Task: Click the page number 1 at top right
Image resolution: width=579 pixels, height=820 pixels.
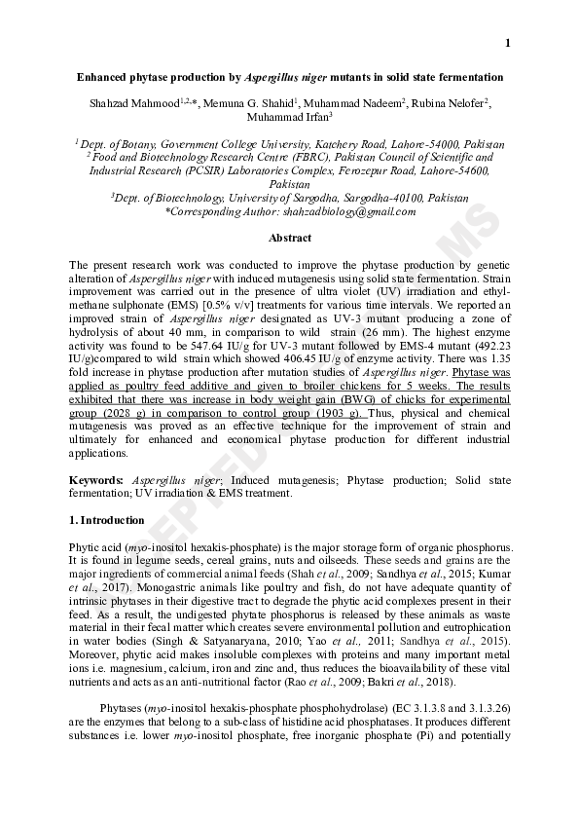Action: coord(507,42)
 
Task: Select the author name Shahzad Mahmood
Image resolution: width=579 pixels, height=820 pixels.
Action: coord(143,103)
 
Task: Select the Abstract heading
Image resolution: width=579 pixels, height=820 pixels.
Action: coord(289,239)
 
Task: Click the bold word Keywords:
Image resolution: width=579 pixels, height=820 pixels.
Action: coord(96,480)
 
